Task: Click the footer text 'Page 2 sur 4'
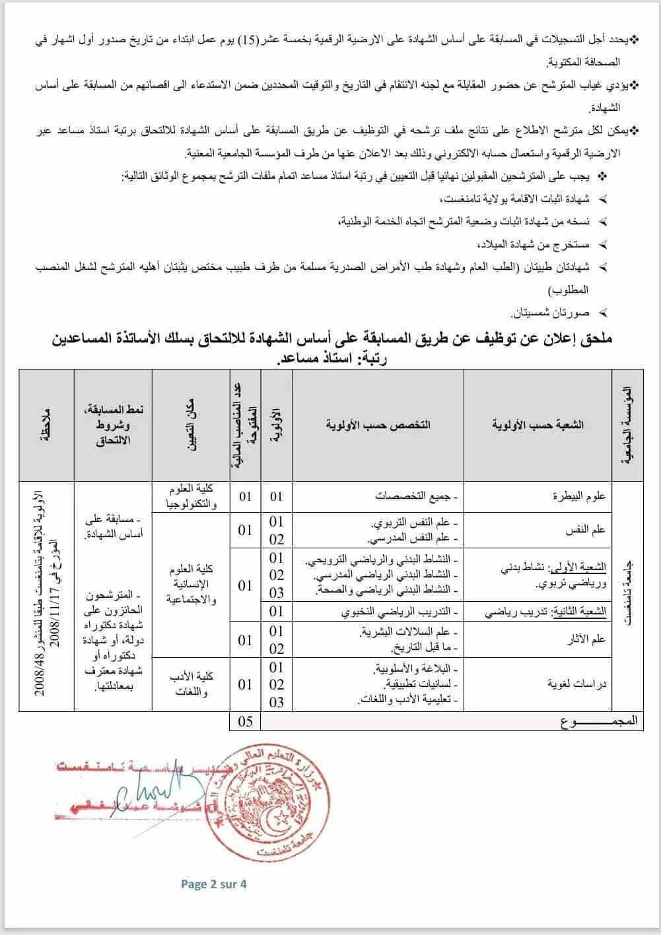click(213, 884)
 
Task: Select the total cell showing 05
click(245, 721)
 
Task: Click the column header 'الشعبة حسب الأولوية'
click(538, 425)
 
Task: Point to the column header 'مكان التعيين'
click(191, 425)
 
